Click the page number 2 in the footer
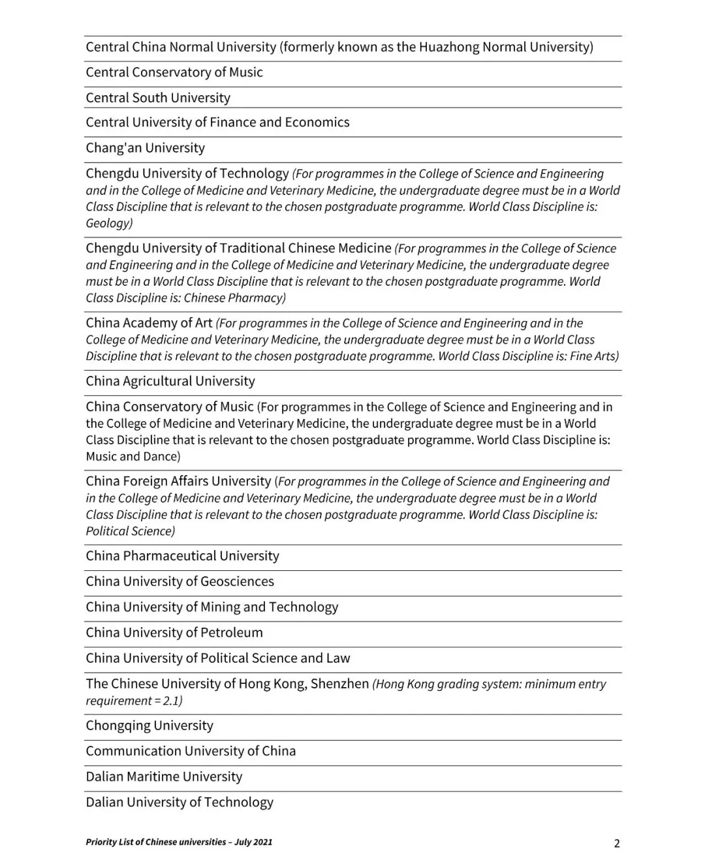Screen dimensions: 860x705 pyautogui.click(x=617, y=843)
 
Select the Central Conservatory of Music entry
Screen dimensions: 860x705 pyautogui.click(x=174, y=72)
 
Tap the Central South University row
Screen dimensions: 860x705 pyautogui.click(x=158, y=98)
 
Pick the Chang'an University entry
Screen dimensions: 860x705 pyautogui.click(x=145, y=148)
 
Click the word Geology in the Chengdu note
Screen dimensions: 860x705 pyautogui.click(x=108, y=223)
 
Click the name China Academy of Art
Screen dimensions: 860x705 pyautogui.click(x=149, y=323)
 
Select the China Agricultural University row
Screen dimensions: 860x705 pyautogui.click(x=170, y=381)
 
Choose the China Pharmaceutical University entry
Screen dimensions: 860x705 pyautogui.click(x=182, y=556)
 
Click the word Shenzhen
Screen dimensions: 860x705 pyautogui.click(x=339, y=684)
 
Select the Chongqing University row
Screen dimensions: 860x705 pyautogui.click(x=149, y=726)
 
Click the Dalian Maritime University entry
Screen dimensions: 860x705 pyautogui.click(x=164, y=777)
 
